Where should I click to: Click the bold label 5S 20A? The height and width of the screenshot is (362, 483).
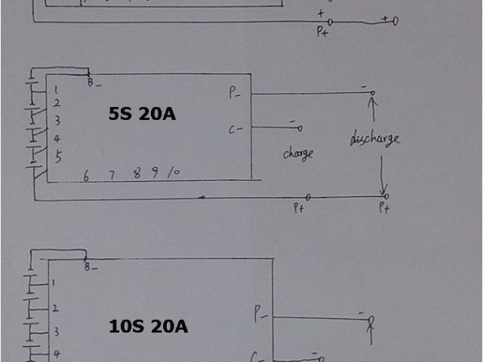pyautogui.click(x=141, y=114)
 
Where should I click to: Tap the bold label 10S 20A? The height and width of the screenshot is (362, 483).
pyautogui.click(x=148, y=327)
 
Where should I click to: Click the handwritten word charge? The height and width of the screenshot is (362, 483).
pyautogui.click(x=297, y=153)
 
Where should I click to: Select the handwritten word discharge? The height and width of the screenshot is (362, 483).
pyautogui.click(x=374, y=139)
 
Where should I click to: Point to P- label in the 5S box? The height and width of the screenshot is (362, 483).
pyautogui.click(x=235, y=93)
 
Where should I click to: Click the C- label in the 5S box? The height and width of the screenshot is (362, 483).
pyautogui.click(x=235, y=130)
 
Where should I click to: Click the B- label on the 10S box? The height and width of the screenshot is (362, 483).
pyautogui.click(x=90, y=266)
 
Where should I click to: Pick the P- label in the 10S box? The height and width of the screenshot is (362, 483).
pyautogui.click(x=260, y=311)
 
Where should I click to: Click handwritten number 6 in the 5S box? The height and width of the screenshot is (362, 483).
pyautogui.click(x=86, y=176)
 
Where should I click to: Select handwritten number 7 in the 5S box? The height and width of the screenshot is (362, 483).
pyautogui.click(x=111, y=175)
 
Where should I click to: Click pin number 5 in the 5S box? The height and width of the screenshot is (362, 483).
pyautogui.click(x=57, y=157)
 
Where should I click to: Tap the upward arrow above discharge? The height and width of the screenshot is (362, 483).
pyautogui.click(x=371, y=111)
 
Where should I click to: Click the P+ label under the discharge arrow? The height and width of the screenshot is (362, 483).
pyautogui.click(x=383, y=208)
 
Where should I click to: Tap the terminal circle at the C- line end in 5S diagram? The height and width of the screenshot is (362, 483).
pyautogui.click(x=300, y=129)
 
